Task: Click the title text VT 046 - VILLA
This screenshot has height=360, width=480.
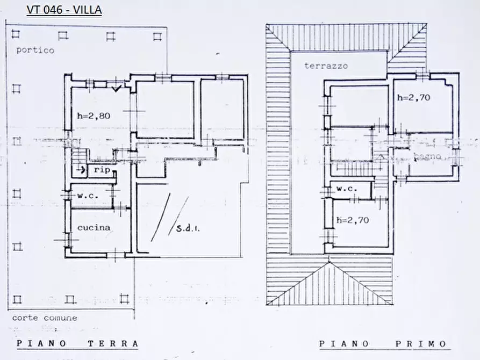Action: point(64,10)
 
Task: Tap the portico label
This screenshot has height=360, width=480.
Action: point(34,50)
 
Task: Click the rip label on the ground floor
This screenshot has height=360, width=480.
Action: point(102,170)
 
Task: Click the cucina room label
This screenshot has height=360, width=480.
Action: point(94,227)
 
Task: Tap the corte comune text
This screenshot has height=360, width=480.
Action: point(45,318)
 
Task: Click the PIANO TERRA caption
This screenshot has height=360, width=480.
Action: point(77,343)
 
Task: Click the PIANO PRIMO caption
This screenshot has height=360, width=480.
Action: point(382,344)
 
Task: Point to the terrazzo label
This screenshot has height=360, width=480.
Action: point(326,66)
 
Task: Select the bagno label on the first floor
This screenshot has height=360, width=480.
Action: point(428,157)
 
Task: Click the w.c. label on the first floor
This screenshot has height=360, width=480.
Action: point(347,189)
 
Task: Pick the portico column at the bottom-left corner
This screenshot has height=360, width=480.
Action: point(16,299)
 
